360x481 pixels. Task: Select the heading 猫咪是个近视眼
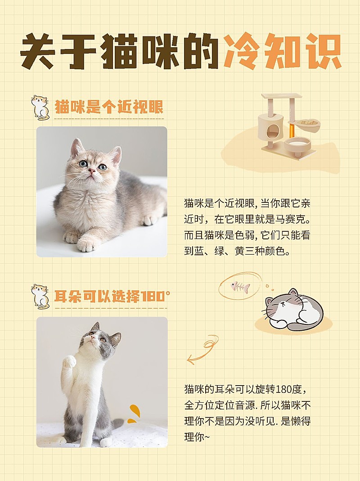(108, 108)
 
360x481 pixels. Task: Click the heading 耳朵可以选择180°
(112, 297)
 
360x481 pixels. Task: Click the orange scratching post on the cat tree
(292, 131)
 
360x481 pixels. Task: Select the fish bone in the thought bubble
(240, 286)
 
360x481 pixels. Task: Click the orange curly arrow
(202, 349)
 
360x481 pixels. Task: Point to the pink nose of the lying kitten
(92, 171)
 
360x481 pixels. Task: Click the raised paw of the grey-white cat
(69, 361)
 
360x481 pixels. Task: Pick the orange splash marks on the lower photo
(133, 414)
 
